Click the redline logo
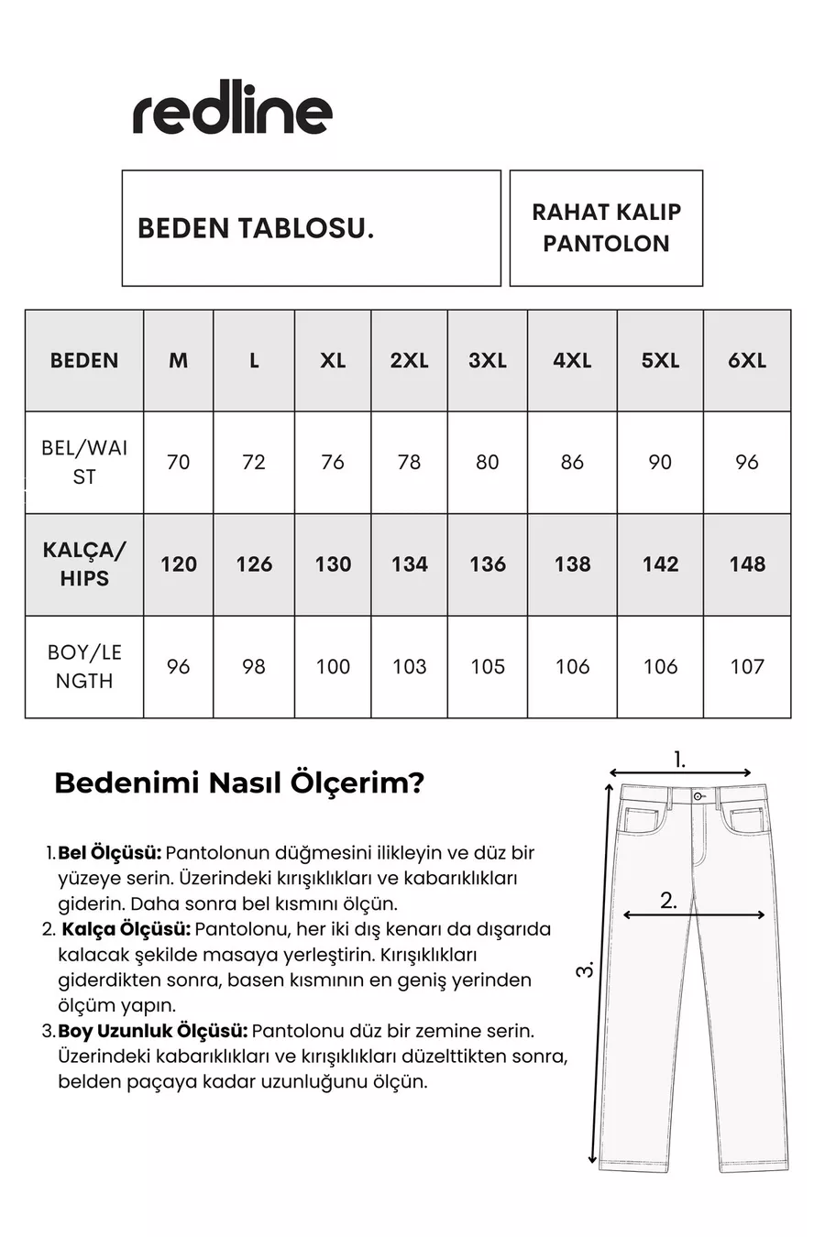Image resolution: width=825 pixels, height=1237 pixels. tap(233, 113)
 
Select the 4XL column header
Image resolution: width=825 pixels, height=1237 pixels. tap(572, 361)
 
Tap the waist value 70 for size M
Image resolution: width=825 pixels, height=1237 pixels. tap(178, 462)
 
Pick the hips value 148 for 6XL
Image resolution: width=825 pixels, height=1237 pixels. tap(747, 564)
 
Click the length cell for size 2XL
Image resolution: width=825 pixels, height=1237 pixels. tap(409, 667)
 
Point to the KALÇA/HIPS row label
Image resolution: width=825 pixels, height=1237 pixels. tap(84, 564)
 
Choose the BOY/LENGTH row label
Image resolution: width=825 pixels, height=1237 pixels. tap(84, 667)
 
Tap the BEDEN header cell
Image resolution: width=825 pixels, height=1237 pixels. tap(84, 361)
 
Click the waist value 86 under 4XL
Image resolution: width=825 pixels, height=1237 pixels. tap(572, 462)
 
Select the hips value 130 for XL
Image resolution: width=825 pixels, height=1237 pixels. tap(333, 564)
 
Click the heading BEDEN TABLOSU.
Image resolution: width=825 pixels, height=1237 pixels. tap(256, 228)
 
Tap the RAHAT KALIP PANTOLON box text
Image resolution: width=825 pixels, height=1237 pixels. tap(606, 228)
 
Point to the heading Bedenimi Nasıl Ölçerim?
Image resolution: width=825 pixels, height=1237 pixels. tap(239, 783)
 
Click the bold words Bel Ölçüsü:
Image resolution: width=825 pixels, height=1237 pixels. tap(110, 853)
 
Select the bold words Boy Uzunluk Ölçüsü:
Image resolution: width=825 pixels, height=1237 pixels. tap(153, 1031)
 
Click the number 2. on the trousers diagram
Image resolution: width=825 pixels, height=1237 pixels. tap(669, 901)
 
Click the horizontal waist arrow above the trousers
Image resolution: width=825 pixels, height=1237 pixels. tap(680, 772)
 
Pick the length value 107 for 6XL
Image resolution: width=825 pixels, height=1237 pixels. tap(747, 667)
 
